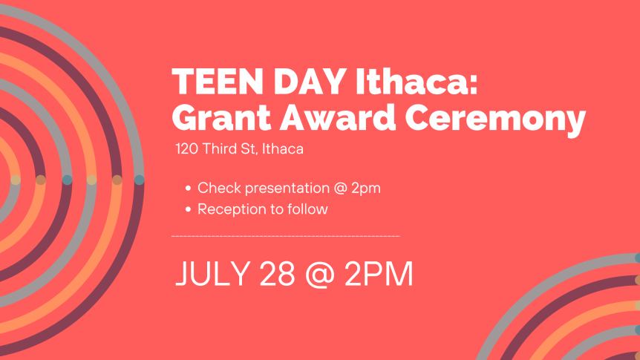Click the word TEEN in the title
pyautogui.click(x=218, y=82)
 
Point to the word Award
pyautogui.click(x=338, y=117)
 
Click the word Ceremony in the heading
pyautogui.click(x=495, y=120)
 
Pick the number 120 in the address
pyautogui.click(x=187, y=149)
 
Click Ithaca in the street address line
pyautogui.click(x=282, y=148)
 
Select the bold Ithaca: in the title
pyautogui.click(x=417, y=82)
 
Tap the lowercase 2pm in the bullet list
pyautogui.click(x=366, y=189)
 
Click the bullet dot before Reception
pyautogui.click(x=188, y=209)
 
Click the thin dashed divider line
pyautogui.click(x=286, y=236)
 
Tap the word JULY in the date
pyautogui.click(x=212, y=273)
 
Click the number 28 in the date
pyautogui.click(x=277, y=273)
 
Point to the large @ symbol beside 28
pyautogui.click(x=319, y=275)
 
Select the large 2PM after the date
pyautogui.click(x=379, y=273)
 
